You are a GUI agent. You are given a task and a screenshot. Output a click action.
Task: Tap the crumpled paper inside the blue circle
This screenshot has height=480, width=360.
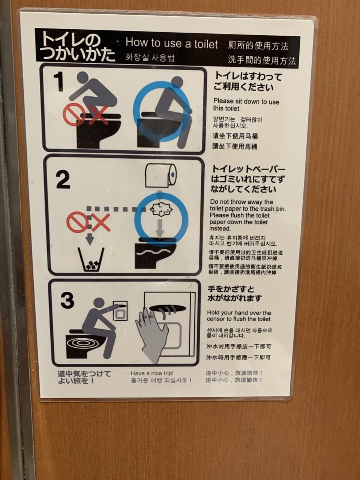pos(161,209)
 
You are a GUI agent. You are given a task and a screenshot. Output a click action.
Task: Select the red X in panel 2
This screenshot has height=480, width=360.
pos(101,223)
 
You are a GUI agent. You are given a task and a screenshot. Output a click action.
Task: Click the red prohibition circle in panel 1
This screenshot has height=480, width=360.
pos(73,114)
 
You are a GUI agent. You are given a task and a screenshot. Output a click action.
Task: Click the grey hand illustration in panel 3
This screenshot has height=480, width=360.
pos(152,335)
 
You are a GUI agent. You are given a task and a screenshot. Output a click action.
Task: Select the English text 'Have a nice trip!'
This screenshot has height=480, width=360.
pos(152,373)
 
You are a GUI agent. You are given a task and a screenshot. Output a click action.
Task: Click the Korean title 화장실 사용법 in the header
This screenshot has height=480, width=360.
pos(150,57)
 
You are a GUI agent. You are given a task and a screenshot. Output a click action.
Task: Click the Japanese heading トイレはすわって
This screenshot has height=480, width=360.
pos(249,76)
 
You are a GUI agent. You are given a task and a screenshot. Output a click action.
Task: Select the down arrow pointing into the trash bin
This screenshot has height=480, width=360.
pos(90,238)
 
